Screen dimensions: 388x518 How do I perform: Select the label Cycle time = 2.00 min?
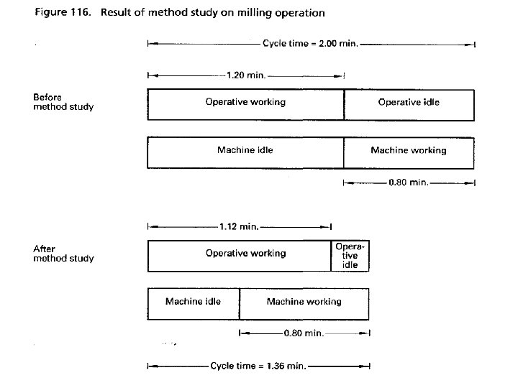[x=309, y=44]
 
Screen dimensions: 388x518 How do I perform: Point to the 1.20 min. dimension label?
[x=245, y=74]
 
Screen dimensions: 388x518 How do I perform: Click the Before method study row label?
[x=63, y=101]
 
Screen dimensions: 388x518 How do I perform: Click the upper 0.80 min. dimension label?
[x=408, y=183]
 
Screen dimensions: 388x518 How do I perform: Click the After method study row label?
[x=63, y=254]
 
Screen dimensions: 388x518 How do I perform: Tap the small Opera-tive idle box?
[x=350, y=255]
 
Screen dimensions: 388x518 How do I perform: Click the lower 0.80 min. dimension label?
[x=304, y=333]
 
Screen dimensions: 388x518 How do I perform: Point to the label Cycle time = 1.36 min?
[x=258, y=366]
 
